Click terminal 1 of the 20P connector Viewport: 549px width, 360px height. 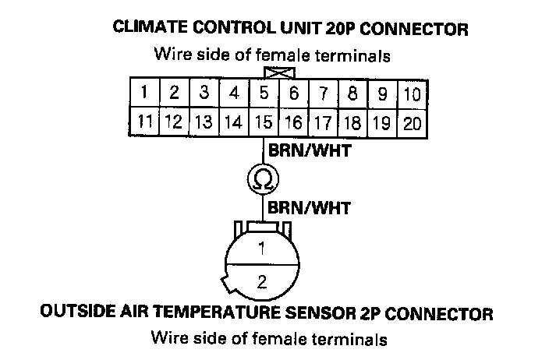point(146,94)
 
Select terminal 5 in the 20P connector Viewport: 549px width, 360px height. point(264,94)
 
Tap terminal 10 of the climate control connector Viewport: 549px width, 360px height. point(413,94)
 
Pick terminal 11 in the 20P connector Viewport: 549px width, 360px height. point(146,122)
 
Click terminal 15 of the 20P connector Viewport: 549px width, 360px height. point(264,122)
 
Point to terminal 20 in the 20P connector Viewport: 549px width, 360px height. point(413,122)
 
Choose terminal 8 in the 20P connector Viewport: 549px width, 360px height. point(353,94)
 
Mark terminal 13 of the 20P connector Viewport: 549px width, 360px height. point(204,122)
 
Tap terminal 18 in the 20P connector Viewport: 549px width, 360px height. point(352,122)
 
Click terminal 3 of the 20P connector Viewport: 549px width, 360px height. point(204,94)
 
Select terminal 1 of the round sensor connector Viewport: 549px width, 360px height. point(262,251)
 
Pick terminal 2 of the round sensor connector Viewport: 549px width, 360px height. point(262,281)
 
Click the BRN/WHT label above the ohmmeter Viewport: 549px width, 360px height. point(309,151)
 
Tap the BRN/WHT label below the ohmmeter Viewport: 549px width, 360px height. point(309,208)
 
